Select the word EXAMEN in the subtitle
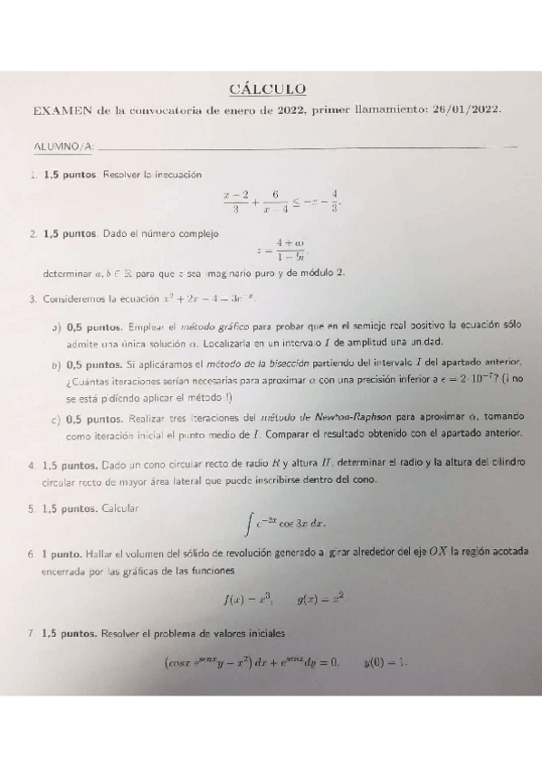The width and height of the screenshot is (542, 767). pyautogui.click(x=62, y=110)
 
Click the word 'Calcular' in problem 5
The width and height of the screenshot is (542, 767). pyautogui.click(x=121, y=507)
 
